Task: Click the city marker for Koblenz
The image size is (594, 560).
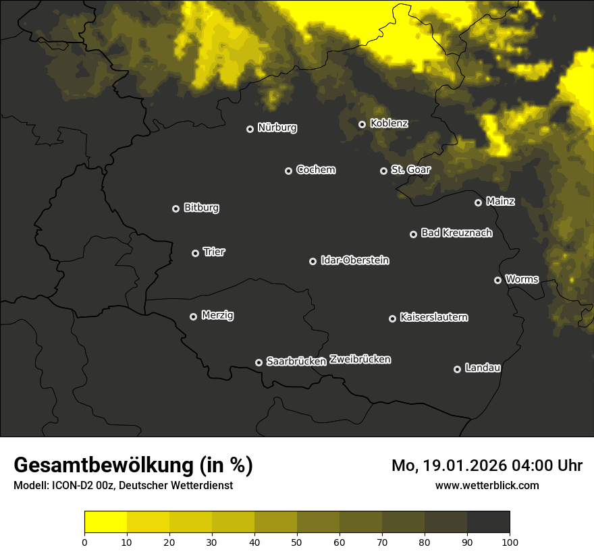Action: pyautogui.click(x=362, y=124)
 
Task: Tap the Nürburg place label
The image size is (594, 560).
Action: pyautogui.click(x=277, y=128)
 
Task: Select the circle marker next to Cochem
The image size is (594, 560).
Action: pyautogui.click(x=288, y=171)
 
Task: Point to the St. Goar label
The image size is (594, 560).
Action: pyautogui.click(x=410, y=169)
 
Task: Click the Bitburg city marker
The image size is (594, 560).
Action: pyautogui.click(x=175, y=208)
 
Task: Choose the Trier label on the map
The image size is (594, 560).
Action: pyautogui.click(x=214, y=252)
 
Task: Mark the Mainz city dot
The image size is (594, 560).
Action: pyautogui.click(x=478, y=202)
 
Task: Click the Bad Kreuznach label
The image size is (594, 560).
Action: pyautogui.click(x=456, y=233)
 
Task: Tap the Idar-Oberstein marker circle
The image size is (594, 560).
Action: pyautogui.click(x=313, y=261)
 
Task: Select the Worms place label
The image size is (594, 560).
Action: pyautogui.click(x=522, y=279)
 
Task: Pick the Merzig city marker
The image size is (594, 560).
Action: pyautogui.click(x=193, y=316)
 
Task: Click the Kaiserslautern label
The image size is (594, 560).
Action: pyautogui.click(x=433, y=317)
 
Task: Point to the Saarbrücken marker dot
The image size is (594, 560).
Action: pyautogui.click(x=259, y=362)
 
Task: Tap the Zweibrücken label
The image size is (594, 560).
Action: pyautogui.click(x=360, y=360)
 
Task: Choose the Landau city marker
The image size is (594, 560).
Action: pyautogui.click(x=457, y=369)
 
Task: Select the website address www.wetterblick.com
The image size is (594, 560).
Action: pyautogui.click(x=487, y=485)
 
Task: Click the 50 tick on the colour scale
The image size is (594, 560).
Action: pyautogui.click(x=297, y=542)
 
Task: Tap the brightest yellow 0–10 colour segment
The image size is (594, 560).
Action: pyautogui.click(x=105, y=522)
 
